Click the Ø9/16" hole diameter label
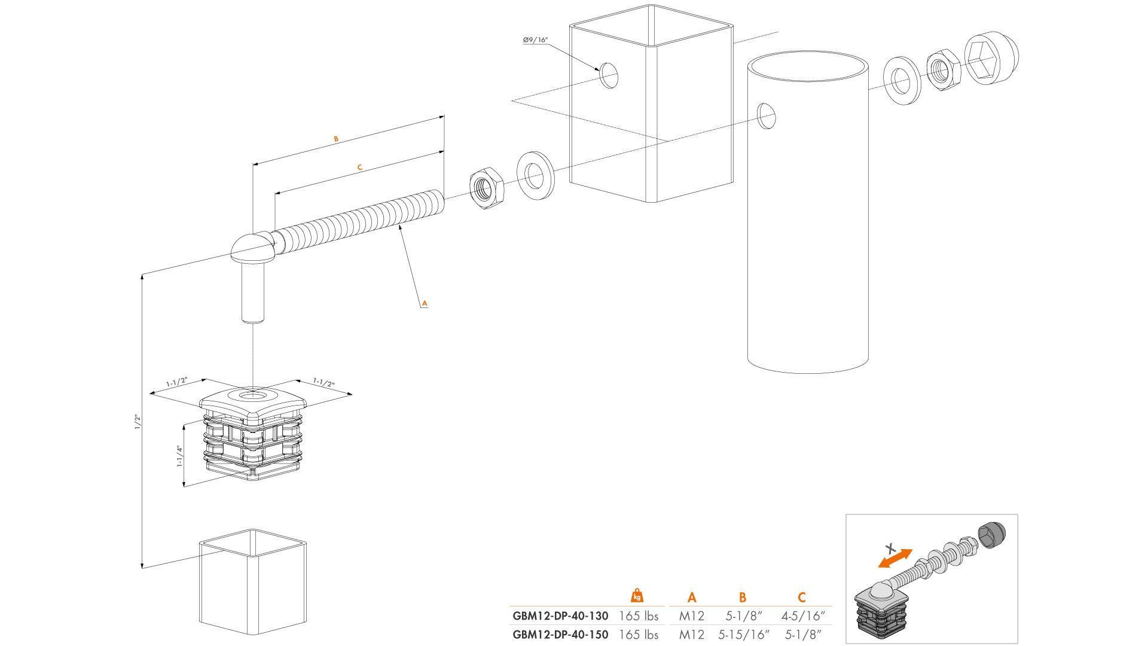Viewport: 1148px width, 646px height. coord(535,40)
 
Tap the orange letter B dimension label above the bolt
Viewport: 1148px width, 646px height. coord(336,139)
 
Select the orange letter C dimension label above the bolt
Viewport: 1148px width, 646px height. coord(360,167)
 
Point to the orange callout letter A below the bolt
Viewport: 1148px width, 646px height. coord(425,303)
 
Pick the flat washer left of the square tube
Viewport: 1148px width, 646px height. coord(535,175)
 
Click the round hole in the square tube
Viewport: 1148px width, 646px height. coord(609,75)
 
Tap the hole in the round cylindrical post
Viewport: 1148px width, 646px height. coord(767,116)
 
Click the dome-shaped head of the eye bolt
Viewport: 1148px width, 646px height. coord(253,247)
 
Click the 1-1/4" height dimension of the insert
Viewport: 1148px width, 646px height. coord(179,456)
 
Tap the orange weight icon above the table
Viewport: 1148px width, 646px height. coord(637,596)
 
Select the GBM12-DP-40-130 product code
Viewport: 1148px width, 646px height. coord(560,616)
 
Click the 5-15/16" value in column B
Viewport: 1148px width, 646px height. coord(743,635)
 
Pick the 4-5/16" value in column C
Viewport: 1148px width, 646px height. coord(802,616)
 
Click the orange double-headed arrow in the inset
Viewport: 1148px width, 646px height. coord(895,559)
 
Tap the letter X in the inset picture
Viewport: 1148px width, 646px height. coord(890,548)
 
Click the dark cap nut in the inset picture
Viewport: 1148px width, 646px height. coord(991,534)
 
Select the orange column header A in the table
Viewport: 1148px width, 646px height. coord(692,597)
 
